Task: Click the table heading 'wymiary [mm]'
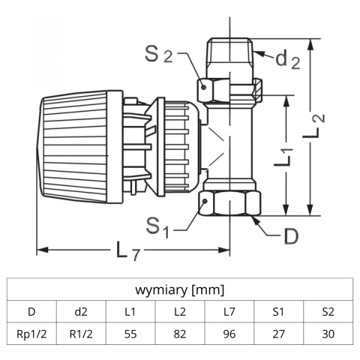(x=180, y=289)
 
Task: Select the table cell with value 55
(x=130, y=334)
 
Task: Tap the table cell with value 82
(x=179, y=334)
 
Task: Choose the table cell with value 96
(x=229, y=334)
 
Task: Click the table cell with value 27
(x=278, y=334)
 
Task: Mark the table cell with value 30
(x=328, y=334)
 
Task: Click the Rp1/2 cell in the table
(x=31, y=334)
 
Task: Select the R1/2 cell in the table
(x=80, y=334)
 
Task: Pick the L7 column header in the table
(x=229, y=311)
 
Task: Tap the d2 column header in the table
(x=80, y=311)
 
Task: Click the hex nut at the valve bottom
(x=230, y=202)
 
